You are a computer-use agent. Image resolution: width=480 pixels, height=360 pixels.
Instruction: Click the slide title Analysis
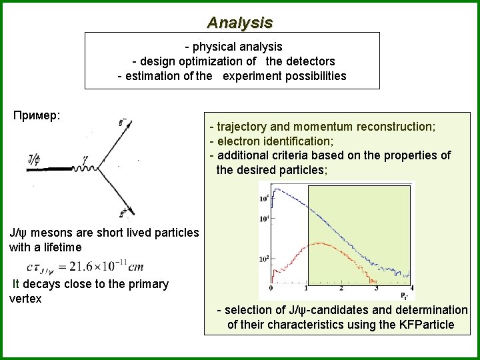tap(239, 23)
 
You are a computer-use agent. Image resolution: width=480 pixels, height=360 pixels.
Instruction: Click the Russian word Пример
tap(37, 115)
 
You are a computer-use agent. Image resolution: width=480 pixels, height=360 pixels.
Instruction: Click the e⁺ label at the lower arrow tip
tap(125, 213)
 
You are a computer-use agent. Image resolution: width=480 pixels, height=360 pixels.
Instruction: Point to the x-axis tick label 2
tap(341, 288)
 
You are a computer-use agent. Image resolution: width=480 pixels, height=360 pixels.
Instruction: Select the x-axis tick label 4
tap(411, 288)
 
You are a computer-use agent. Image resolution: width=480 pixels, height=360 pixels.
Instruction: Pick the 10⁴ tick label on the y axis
tap(265, 219)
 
